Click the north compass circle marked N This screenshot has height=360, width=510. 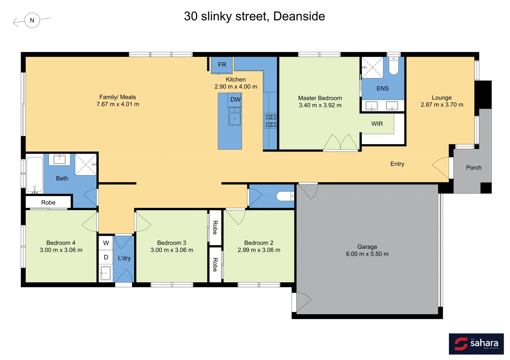(x=32, y=20)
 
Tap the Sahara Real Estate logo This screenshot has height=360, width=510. (x=476, y=344)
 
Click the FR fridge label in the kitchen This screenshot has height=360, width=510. (x=222, y=65)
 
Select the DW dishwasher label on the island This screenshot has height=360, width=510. (x=235, y=99)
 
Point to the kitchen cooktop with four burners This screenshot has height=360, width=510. (x=271, y=121)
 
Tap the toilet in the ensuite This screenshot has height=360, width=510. (x=394, y=67)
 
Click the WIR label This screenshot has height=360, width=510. (x=377, y=124)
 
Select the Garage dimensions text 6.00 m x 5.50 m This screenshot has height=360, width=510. (x=367, y=254)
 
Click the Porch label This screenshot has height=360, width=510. (x=473, y=168)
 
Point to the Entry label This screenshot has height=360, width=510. (x=397, y=164)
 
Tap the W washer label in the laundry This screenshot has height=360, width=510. (x=106, y=243)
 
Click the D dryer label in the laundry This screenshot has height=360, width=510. (x=106, y=257)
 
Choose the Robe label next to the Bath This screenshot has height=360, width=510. (x=48, y=202)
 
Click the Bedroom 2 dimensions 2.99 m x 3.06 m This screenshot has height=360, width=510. (x=259, y=250)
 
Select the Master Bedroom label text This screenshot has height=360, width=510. (x=320, y=98)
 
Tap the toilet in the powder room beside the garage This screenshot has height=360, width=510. (x=285, y=196)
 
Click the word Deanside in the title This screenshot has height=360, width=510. (x=299, y=16)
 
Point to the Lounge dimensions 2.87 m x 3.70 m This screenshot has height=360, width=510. (x=442, y=105)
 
